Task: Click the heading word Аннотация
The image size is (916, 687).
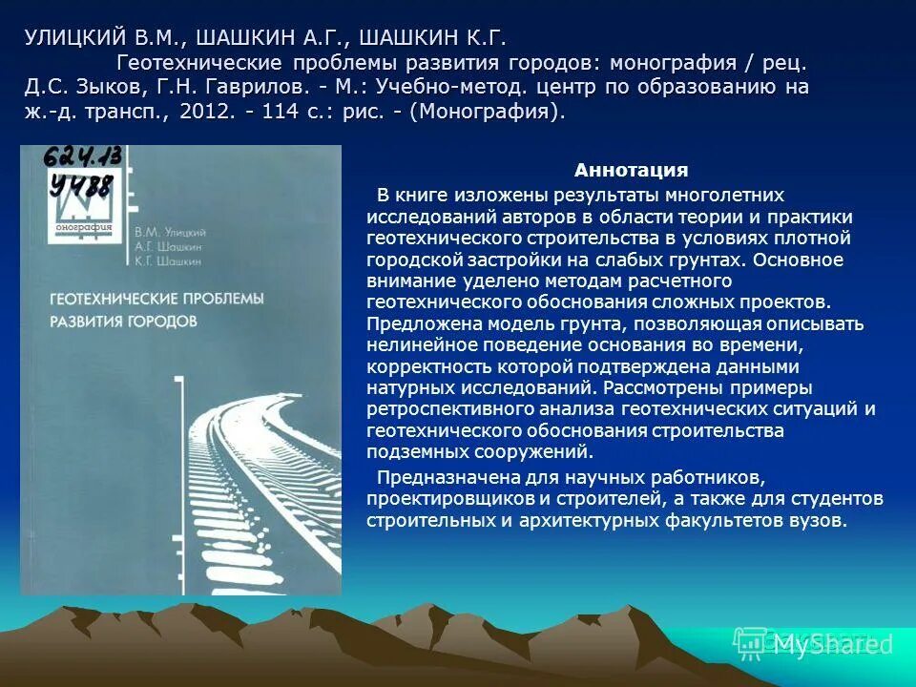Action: point(631,171)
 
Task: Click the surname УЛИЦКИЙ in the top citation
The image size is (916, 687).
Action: point(75,39)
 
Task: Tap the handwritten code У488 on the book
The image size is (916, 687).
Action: point(82,183)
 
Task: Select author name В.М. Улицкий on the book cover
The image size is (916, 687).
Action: point(171,232)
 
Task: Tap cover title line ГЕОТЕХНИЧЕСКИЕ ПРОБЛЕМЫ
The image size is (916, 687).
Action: point(156,300)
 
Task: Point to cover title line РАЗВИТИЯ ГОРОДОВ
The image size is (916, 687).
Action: point(123,322)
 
